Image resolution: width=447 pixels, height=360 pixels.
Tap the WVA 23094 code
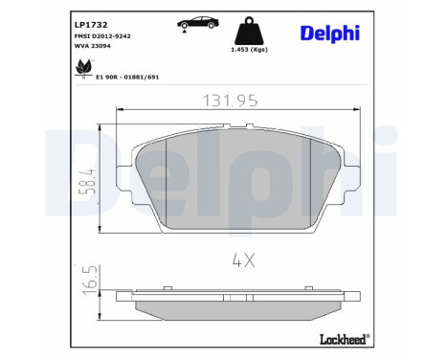[x=95, y=45]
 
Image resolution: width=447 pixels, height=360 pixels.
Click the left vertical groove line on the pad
[x=168, y=182]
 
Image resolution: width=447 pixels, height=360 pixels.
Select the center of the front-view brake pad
[x=239, y=182]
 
